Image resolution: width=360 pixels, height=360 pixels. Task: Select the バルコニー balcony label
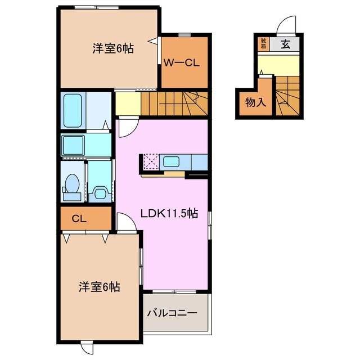click(172, 312)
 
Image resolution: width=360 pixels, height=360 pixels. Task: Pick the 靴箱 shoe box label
click(263, 43)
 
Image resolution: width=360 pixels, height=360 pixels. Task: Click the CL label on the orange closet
click(79, 219)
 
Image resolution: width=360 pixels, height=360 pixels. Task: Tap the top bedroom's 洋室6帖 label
click(113, 49)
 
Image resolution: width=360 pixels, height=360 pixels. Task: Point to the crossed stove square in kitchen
click(150, 162)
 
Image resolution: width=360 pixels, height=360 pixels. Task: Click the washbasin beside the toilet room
click(100, 191)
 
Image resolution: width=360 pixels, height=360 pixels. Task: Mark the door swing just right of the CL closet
click(125, 222)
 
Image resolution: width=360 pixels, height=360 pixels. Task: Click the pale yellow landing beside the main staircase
click(127, 103)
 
